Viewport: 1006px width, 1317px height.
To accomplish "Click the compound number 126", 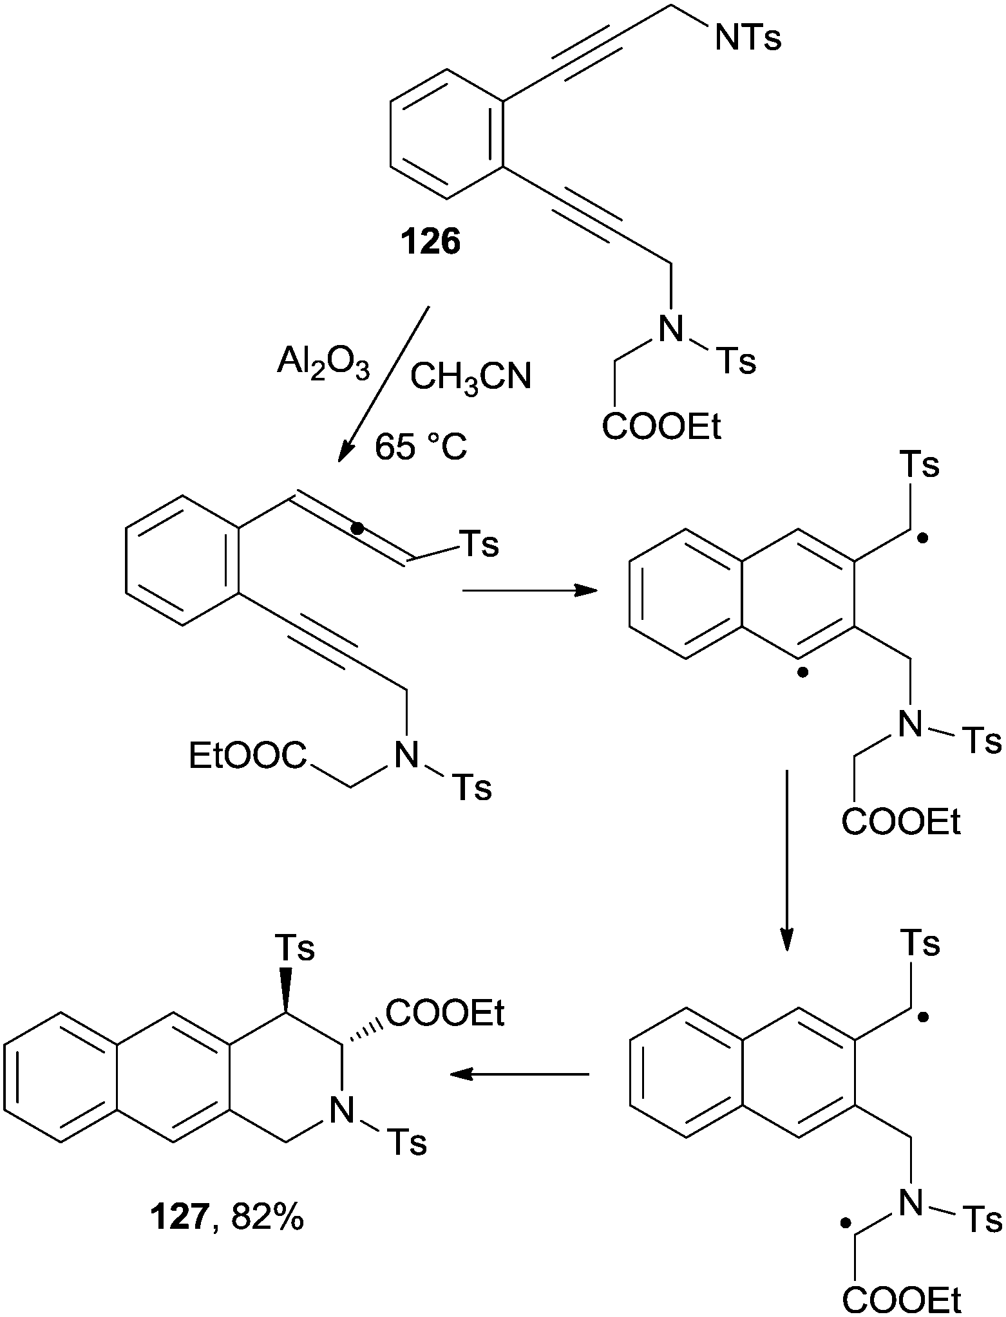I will click(431, 243).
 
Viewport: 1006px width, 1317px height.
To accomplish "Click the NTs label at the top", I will click(747, 38).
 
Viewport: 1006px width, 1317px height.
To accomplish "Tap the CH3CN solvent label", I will click(471, 376).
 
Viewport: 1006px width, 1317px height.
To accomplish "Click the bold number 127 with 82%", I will click(227, 1219).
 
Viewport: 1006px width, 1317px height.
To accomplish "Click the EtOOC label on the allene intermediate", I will click(247, 755).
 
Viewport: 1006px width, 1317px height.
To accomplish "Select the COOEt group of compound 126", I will click(661, 426).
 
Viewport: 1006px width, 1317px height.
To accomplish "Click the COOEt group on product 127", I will click(445, 1013).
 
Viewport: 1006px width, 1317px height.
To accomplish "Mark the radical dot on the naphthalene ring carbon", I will click(802, 673).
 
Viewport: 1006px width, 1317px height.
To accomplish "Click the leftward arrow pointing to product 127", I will click(519, 1074).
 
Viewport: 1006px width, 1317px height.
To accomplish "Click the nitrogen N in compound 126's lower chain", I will click(670, 329).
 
